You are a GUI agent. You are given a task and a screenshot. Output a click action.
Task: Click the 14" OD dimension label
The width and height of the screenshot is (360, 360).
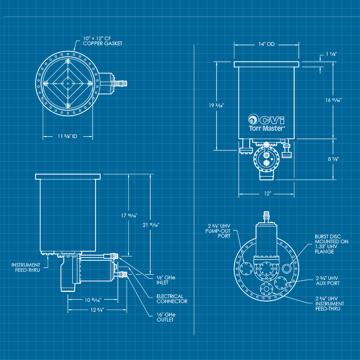[x=266, y=44]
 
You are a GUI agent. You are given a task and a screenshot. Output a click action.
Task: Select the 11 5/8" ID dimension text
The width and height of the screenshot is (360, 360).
[x=67, y=136]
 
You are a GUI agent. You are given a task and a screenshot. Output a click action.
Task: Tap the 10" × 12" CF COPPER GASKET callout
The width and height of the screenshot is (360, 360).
[x=103, y=41]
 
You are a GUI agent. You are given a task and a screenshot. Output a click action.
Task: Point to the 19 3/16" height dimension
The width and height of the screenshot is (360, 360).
[x=216, y=105]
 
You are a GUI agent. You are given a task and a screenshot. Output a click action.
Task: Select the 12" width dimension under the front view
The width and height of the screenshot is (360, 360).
[x=267, y=194]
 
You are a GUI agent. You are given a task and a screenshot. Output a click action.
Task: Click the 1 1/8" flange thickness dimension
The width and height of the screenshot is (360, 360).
[x=331, y=54]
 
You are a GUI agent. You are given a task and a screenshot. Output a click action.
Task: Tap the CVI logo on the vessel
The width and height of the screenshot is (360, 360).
[x=266, y=119]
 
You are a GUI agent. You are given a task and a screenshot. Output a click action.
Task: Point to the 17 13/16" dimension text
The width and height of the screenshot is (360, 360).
[x=129, y=215]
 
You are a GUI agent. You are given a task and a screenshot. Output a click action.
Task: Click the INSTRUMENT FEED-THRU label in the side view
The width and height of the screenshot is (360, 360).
[x=25, y=267]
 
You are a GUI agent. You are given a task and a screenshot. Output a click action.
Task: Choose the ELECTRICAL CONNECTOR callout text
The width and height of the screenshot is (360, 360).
[x=172, y=299]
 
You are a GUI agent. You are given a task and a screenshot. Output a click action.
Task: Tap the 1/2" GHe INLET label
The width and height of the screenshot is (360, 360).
[x=166, y=280]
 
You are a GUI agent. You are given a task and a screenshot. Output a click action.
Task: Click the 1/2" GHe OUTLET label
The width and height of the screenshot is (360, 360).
[x=166, y=317]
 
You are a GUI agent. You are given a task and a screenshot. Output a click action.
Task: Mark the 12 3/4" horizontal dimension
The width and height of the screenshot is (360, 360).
[x=97, y=310]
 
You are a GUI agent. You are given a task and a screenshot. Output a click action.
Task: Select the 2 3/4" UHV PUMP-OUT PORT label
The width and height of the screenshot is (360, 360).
[x=218, y=231]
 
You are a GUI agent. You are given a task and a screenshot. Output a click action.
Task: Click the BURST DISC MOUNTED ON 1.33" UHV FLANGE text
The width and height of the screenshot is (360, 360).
[x=331, y=244]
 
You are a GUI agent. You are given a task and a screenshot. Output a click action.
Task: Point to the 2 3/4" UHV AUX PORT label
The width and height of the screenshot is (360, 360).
[x=328, y=280]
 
